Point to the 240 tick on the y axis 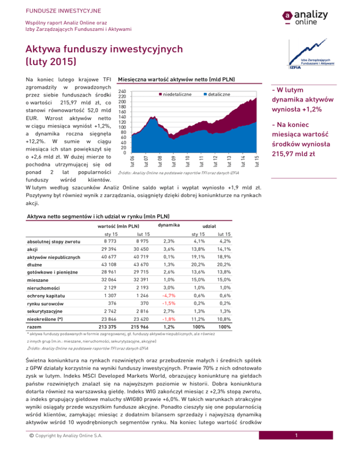122,92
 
